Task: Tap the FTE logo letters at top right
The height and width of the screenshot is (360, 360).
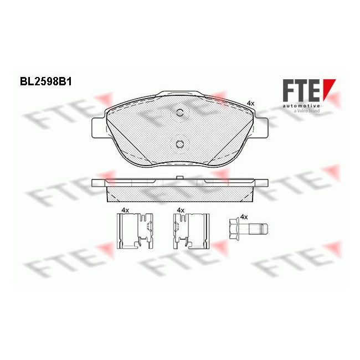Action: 301,91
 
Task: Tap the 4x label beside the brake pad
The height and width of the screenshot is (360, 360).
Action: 250,103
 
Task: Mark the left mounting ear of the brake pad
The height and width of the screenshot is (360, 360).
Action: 96,127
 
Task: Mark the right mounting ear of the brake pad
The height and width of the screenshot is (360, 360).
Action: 262,126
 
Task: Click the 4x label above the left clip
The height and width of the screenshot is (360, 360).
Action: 125,210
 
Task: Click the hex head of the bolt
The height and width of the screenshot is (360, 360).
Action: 235,229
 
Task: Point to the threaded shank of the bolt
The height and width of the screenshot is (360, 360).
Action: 258,229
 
